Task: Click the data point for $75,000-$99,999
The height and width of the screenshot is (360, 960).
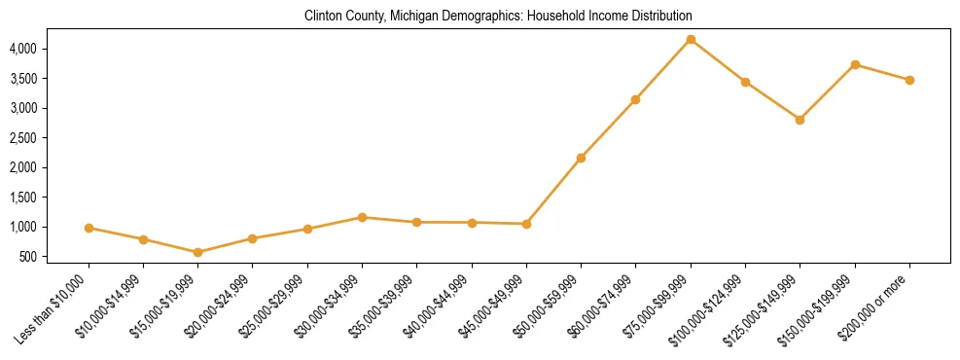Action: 691,39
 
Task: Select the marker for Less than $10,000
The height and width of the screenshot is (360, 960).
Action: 89,228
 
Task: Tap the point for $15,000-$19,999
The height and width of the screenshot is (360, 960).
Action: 198,252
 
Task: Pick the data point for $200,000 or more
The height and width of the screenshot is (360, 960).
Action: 909,80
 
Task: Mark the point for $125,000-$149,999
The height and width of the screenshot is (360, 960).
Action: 800,120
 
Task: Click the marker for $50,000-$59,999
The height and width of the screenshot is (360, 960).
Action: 581,158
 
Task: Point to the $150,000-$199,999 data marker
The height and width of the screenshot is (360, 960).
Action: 855,64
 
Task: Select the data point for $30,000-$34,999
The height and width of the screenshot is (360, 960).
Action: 362,217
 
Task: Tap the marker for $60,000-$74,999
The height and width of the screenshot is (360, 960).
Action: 635,99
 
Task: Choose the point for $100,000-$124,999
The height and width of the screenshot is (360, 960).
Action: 745,82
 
